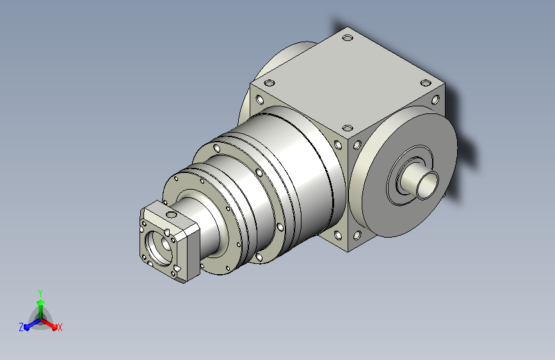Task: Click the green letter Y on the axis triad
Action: [40, 293]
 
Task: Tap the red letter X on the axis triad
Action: [60, 327]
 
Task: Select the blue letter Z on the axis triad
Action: [21, 327]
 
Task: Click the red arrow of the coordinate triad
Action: [49, 324]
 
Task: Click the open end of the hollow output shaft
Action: [428, 184]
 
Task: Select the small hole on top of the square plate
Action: [171, 215]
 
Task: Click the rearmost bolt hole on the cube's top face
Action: [348, 37]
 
